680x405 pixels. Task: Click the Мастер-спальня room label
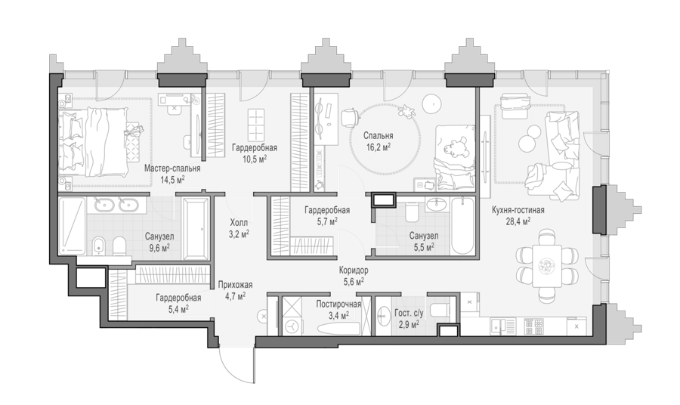172,168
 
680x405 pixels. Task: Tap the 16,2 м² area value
379,147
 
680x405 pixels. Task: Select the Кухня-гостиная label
518,210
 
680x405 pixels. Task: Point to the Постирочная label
338,304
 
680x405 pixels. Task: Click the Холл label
239,223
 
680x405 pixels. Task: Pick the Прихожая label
235,285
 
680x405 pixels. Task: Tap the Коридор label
354,271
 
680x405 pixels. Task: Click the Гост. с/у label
409,313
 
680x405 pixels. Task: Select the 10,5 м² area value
255,158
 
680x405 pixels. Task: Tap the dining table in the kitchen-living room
547,265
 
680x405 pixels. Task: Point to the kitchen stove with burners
534,326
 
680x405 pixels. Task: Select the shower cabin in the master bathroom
72,225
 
